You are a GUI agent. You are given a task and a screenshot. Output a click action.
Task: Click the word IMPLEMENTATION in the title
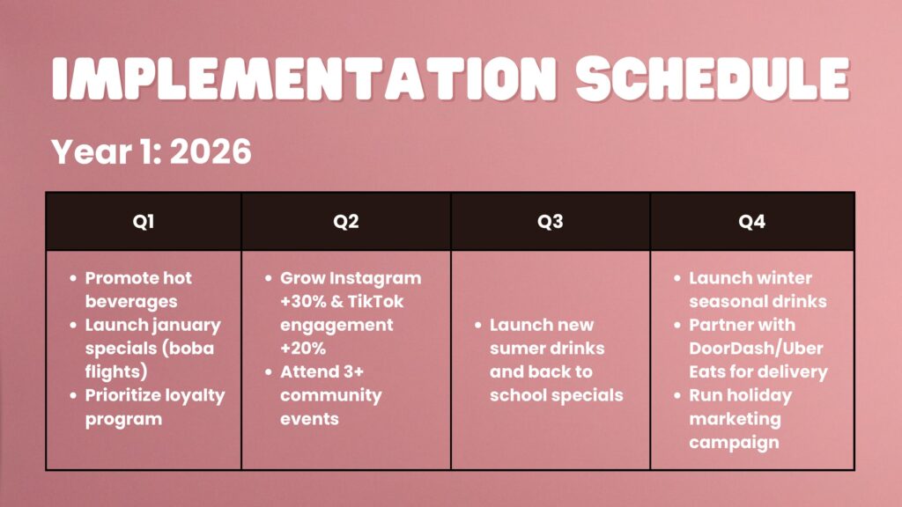(304, 78)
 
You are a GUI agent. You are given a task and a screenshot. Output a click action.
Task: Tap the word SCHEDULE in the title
(713, 78)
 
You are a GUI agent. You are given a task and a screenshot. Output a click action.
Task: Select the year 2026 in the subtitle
(211, 151)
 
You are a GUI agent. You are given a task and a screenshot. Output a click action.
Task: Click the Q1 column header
(144, 221)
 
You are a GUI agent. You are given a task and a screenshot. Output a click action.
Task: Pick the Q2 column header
(345, 221)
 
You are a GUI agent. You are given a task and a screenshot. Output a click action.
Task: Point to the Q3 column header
(550, 221)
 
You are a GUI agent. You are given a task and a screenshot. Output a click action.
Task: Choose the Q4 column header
(752, 221)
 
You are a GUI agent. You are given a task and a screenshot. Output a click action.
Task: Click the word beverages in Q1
(131, 302)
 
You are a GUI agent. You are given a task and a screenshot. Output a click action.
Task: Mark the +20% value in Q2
(303, 349)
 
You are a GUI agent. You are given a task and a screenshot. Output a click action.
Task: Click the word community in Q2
(331, 396)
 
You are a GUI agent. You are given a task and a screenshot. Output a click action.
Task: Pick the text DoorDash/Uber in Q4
(756, 349)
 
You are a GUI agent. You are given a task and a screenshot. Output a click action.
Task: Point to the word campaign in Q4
(734, 444)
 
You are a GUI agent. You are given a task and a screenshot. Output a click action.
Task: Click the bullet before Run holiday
(677, 395)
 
